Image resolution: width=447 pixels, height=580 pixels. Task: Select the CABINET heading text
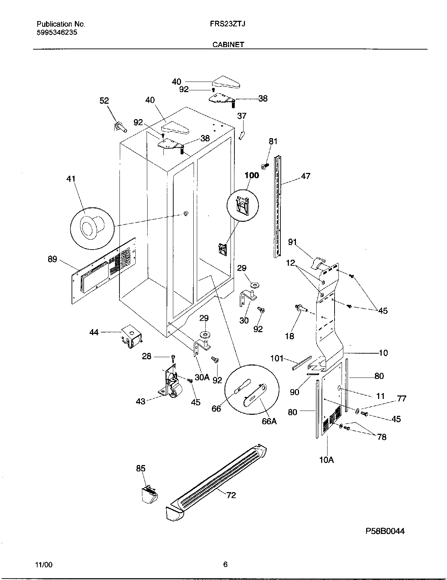coord(228,45)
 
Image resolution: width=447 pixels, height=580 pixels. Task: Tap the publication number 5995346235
coord(57,33)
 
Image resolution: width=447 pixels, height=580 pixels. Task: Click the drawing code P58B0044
coord(385,531)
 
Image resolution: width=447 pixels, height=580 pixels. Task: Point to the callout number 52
coord(104,101)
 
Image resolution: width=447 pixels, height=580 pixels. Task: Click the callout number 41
coord(71,179)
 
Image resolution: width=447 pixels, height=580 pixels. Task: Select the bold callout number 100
coord(252,175)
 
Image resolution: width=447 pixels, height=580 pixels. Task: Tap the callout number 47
coord(306,176)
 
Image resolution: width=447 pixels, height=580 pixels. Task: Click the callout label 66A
coord(269,421)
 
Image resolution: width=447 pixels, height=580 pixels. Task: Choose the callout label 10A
coord(326,459)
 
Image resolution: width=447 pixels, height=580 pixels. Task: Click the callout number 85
coord(141,468)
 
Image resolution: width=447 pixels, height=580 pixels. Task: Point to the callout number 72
coord(231,495)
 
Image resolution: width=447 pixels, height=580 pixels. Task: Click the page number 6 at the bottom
coord(225,565)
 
